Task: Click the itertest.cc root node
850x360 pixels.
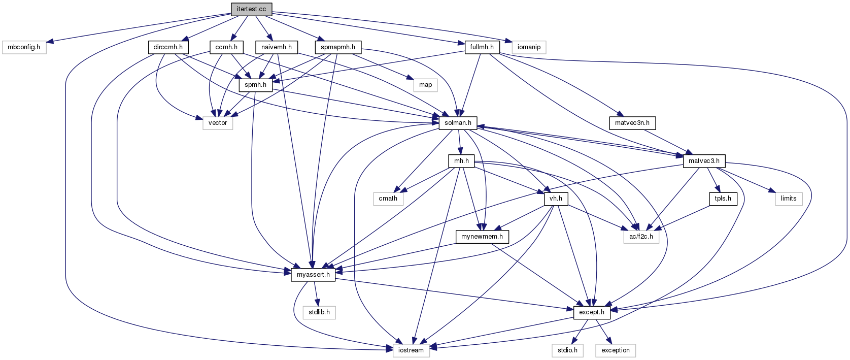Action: (x=251, y=9)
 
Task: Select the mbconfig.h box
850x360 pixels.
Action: (x=24, y=47)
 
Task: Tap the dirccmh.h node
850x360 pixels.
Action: (x=168, y=47)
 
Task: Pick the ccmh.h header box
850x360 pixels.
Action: (x=226, y=47)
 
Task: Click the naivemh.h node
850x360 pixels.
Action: (x=277, y=47)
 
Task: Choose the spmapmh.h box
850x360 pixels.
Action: (x=338, y=47)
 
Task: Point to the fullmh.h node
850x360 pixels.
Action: (x=482, y=47)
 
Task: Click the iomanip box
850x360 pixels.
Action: (x=529, y=47)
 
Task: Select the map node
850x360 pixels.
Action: (x=426, y=85)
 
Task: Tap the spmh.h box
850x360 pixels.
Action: (x=255, y=85)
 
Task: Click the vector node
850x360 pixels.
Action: (x=218, y=123)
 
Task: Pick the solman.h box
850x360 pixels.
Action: (x=458, y=123)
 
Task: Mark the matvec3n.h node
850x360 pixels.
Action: (x=632, y=123)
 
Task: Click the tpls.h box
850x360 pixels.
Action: (x=723, y=199)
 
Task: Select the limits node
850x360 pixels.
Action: (x=789, y=199)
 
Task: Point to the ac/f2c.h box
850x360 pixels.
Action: (x=641, y=237)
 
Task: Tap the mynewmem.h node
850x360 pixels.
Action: (x=482, y=237)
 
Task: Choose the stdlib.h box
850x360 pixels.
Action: (x=319, y=312)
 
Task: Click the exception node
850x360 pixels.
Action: (x=616, y=350)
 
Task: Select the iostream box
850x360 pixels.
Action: (x=411, y=350)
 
